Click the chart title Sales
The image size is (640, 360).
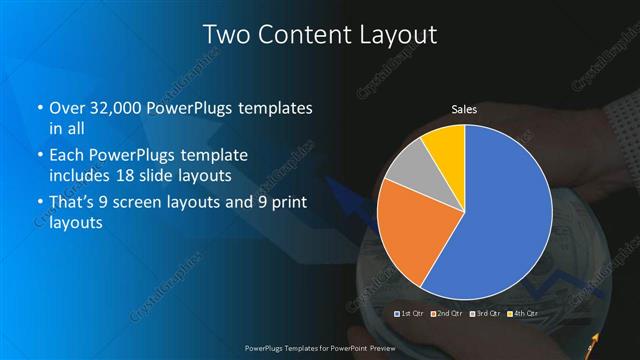click(x=464, y=109)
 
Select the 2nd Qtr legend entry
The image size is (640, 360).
click(x=449, y=314)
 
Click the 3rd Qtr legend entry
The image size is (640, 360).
click(x=485, y=314)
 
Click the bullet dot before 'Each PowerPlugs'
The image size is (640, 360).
click(x=39, y=157)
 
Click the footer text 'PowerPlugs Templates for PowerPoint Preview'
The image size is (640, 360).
click(x=319, y=352)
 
